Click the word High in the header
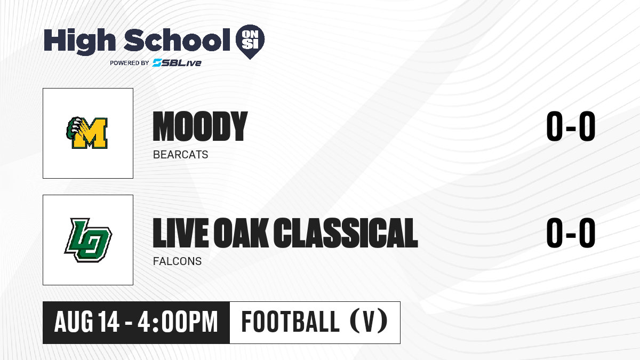coord(79,42)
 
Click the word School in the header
coord(177,40)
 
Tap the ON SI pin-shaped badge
coord(250,42)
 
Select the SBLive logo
coord(177,62)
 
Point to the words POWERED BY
coord(130,63)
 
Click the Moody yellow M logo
coord(87,133)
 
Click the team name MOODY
coord(201,126)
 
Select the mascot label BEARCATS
coord(181,155)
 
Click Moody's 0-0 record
coord(571,126)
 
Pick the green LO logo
coord(88,240)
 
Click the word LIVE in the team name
coord(181,233)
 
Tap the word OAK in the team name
coord(241,233)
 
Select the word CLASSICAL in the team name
coord(346,233)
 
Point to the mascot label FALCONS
coord(178,261)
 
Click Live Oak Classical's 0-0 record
coord(571,233)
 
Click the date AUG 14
coord(87,322)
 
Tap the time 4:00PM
coord(178,322)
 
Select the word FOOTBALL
coord(290,322)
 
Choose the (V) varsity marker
coord(369,322)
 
